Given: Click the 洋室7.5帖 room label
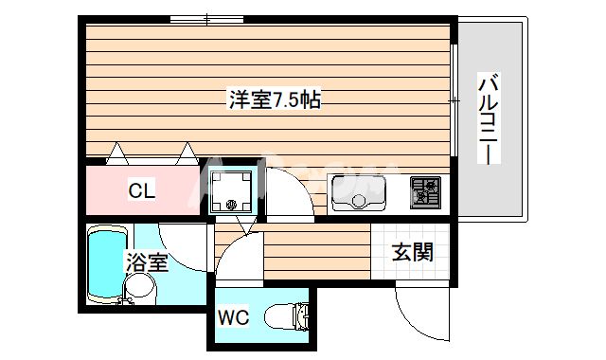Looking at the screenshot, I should (273, 99).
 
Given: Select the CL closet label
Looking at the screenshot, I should (143, 190).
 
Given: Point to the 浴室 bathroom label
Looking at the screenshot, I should (147, 262).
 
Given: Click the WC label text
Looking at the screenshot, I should (234, 317).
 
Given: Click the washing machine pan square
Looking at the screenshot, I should (232, 190).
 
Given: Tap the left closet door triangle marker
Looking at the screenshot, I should (117, 151).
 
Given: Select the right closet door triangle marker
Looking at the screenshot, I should (187, 151).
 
